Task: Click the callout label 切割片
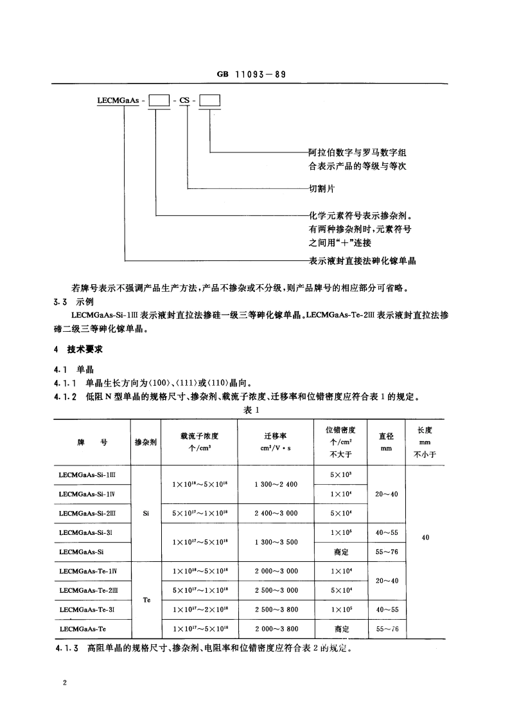pos(322,189)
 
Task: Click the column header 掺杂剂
pos(146,442)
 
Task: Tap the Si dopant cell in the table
pos(146,513)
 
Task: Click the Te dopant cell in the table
pos(146,600)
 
